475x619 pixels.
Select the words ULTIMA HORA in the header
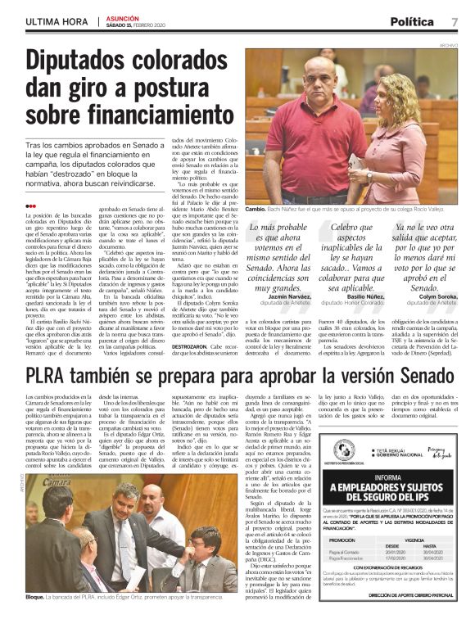(55, 21)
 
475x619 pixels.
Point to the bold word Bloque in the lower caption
(35, 598)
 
